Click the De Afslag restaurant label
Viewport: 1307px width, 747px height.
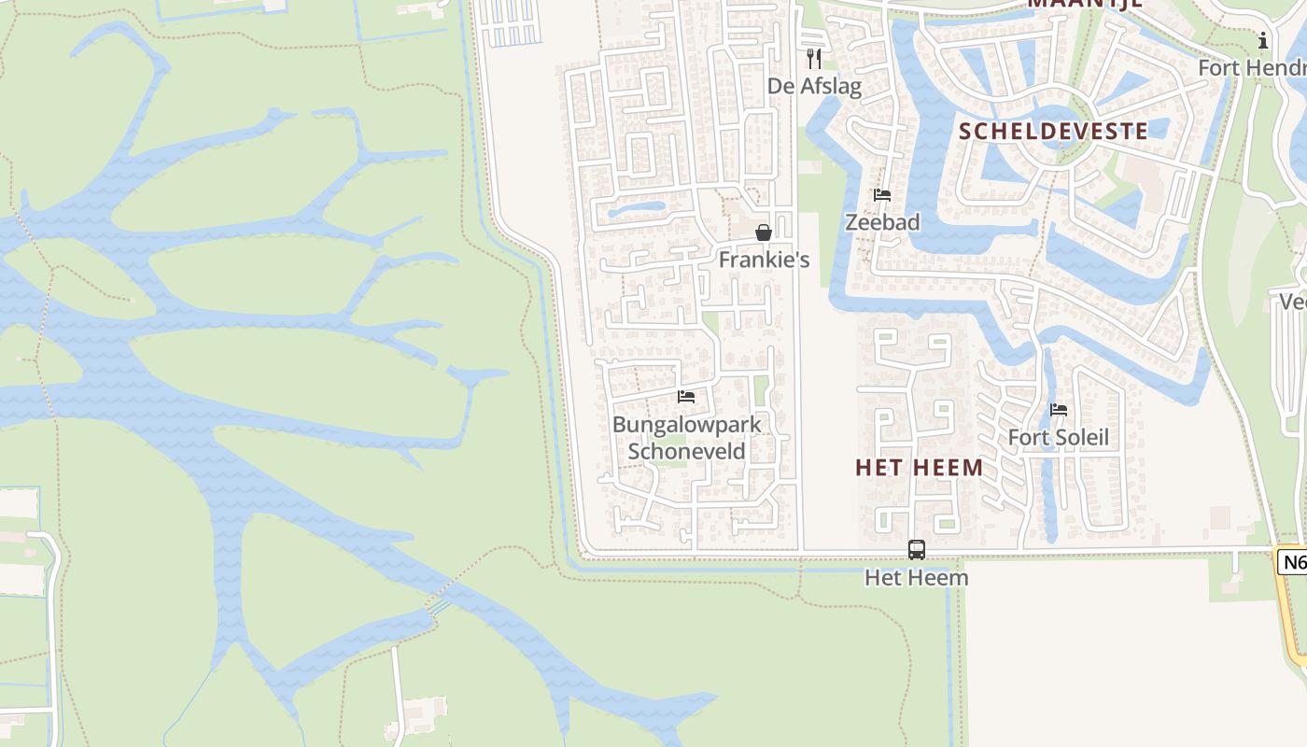point(814,86)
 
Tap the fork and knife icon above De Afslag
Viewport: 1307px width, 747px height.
point(814,59)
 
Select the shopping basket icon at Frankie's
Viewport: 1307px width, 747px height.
point(764,233)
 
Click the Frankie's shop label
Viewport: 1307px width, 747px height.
point(764,260)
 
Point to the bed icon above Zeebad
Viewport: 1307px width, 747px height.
point(882,195)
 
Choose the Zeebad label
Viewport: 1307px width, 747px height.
point(882,222)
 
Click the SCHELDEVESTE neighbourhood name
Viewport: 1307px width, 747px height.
point(1053,131)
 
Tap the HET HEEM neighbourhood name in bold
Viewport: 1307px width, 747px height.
point(920,468)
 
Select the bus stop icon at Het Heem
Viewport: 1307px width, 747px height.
point(917,550)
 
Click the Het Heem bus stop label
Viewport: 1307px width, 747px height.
point(917,578)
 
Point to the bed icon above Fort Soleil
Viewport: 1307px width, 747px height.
point(1059,410)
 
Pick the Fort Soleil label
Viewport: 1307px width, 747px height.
point(1059,438)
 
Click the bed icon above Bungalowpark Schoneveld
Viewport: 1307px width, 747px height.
point(686,397)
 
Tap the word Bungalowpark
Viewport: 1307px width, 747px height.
point(686,425)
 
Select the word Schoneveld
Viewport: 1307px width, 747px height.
point(686,452)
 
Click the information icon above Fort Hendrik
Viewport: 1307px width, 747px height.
point(1263,40)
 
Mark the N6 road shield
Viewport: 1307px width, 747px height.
point(1293,562)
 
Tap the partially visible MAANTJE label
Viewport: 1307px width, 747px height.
point(1086,4)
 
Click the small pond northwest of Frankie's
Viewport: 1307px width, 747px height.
point(637,209)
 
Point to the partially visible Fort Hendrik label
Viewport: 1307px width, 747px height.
point(1252,68)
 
